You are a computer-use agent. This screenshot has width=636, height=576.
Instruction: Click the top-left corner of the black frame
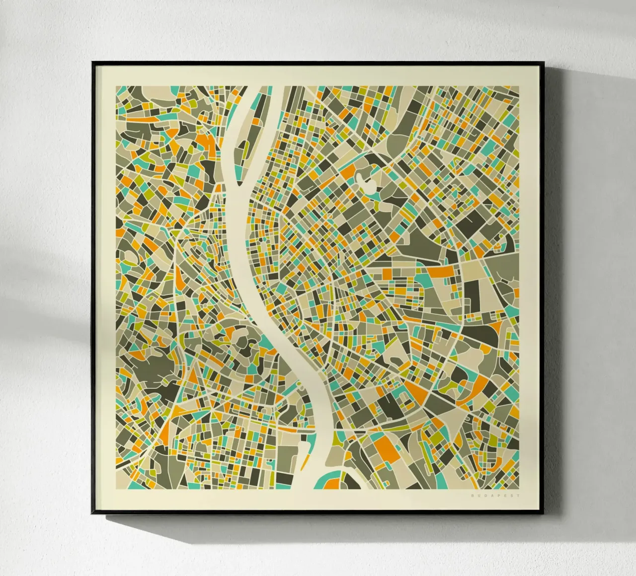pyautogui.click(x=92, y=63)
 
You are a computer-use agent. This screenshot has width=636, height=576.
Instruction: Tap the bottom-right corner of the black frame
pyautogui.click(x=543, y=515)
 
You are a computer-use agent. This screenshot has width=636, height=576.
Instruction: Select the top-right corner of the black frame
pyautogui.click(x=543, y=63)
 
